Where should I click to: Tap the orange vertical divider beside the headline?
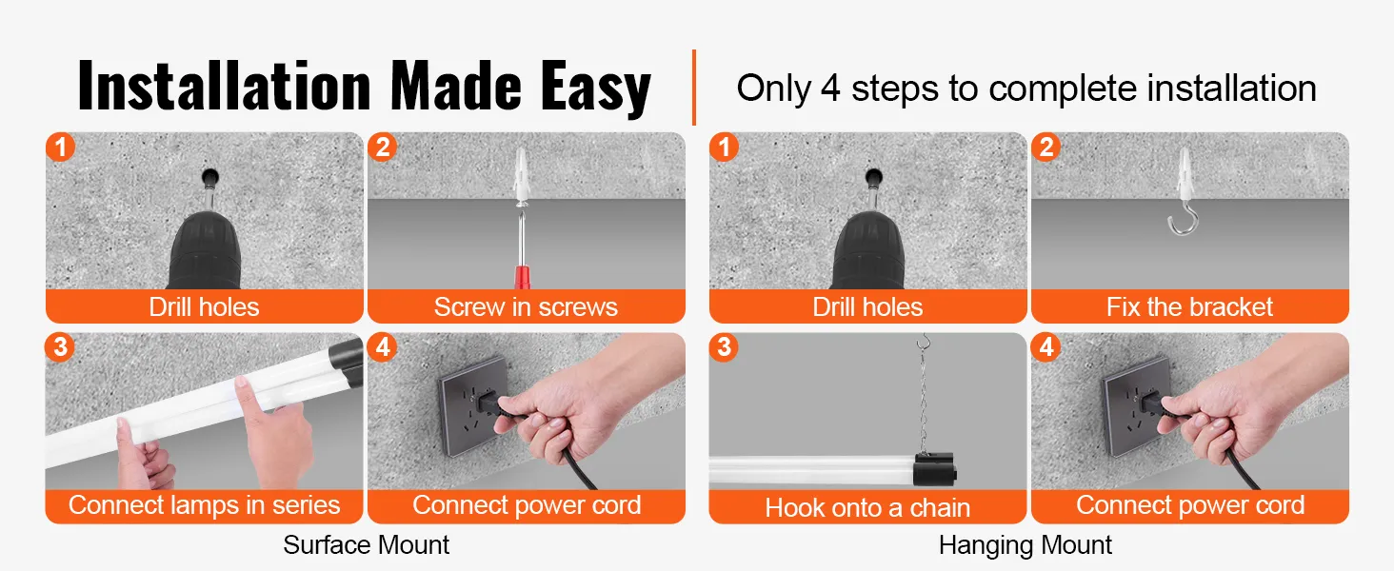[694, 88]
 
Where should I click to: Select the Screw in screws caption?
[526, 307]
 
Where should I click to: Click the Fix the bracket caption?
[1189, 307]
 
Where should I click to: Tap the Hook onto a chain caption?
[867, 508]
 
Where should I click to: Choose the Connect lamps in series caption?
[204, 505]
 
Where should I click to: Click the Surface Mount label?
[366, 545]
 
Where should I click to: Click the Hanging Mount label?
[1025, 545]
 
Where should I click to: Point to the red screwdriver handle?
[523, 277]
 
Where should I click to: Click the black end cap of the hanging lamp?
[935, 471]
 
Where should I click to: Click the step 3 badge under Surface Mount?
[61, 347]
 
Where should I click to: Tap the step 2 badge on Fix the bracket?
[1045, 148]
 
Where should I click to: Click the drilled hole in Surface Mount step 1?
[209, 177]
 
